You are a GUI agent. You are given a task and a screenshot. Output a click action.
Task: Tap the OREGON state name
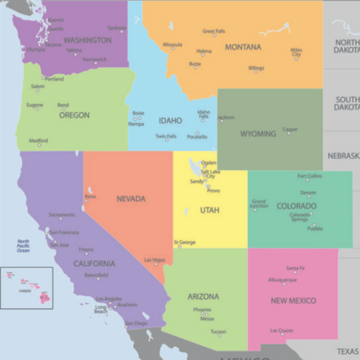[x=74, y=116]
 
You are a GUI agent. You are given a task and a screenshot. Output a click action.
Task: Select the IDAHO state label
[x=170, y=121]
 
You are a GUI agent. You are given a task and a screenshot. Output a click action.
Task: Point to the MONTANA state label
[x=243, y=47]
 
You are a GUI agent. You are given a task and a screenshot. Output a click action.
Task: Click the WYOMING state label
[x=258, y=134]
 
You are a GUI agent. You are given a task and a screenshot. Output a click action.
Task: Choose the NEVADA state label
[x=131, y=199]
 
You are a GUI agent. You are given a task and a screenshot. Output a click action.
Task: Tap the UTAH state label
[x=209, y=210]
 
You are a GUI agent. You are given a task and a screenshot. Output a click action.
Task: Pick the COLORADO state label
[x=296, y=204]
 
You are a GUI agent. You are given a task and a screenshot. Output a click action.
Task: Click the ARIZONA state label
[x=203, y=296]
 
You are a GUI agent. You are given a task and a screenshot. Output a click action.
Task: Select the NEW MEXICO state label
[x=293, y=301]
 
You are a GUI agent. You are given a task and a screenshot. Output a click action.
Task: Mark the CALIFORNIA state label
[x=95, y=264]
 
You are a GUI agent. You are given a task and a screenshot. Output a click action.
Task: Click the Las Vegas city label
[x=154, y=260]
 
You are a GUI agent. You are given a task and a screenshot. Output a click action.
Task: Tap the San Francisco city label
[x=64, y=232]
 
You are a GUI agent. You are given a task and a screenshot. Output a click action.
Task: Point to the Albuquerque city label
[x=282, y=280]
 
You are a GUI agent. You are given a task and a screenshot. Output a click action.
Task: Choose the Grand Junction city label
[x=260, y=203]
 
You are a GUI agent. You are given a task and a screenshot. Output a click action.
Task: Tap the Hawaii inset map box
[x=27, y=287]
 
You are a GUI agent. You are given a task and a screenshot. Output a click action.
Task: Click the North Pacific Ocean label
[x=23, y=246]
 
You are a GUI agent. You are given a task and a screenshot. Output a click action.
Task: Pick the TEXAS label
[x=347, y=352]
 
